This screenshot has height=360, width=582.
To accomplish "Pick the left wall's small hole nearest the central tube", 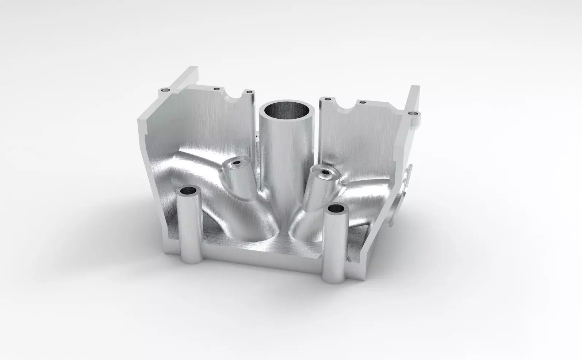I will point(249,92).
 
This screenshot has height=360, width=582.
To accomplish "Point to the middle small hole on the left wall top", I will point(216,89).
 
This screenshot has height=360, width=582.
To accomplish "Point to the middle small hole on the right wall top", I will point(362,102).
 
